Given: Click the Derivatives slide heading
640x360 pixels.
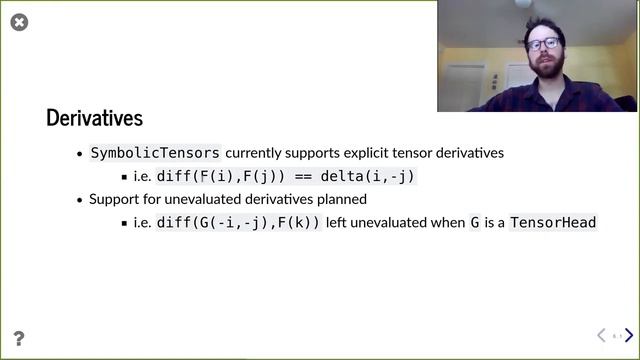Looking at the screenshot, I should coord(95,118).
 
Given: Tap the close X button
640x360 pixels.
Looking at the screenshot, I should coord(19,22).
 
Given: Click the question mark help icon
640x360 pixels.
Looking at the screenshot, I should coord(18,339).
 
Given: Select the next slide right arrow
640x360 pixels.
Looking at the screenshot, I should coord(629,336).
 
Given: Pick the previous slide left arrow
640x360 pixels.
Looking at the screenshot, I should coord(601,336).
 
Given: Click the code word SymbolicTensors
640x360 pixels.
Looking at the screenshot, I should coord(155,153).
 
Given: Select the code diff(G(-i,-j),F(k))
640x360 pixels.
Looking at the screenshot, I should coord(239,222).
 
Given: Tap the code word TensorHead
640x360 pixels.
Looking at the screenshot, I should coord(553,222).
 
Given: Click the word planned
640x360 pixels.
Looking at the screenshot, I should coord(341,199).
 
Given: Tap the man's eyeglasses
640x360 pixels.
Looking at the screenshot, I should coord(544,44).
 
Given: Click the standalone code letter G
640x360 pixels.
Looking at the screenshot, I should coord(475,222).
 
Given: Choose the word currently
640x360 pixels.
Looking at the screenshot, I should coord(257,153).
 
